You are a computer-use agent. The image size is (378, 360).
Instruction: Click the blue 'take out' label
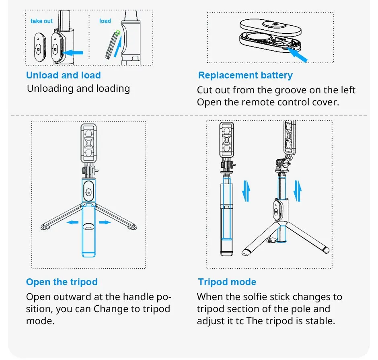point(41,21)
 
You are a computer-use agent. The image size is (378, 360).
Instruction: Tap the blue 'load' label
point(105,21)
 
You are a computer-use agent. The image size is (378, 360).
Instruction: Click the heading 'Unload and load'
point(64,75)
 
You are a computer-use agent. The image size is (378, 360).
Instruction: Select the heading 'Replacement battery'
point(245,76)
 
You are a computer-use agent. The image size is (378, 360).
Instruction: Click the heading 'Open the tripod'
point(62,282)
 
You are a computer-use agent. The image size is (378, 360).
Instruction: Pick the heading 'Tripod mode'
point(227,282)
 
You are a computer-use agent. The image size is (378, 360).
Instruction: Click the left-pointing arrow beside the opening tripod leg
point(72,222)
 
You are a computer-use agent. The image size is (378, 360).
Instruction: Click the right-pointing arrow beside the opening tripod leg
point(105,222)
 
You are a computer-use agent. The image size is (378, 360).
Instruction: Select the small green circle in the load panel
point(118,33)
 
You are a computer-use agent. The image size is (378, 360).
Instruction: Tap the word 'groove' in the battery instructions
point(291,91)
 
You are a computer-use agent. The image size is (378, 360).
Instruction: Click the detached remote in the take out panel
point(40,47)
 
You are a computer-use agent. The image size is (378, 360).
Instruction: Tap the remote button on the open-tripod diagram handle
point(88,191)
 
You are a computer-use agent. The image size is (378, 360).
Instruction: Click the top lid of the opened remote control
point(271,27)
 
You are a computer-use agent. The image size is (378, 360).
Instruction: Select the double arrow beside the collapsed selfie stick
point(246,191)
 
